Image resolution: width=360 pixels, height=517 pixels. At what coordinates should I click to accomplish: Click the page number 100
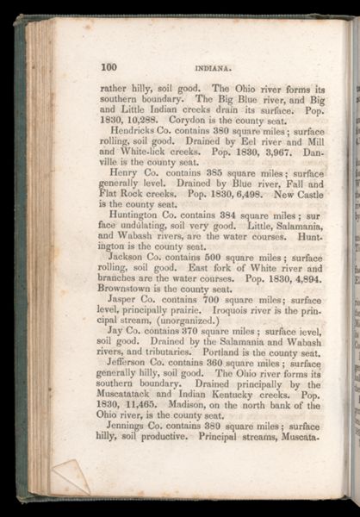(x=109, y=67)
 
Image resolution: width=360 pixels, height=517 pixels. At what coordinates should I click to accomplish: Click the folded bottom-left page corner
(x=69, y=477)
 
